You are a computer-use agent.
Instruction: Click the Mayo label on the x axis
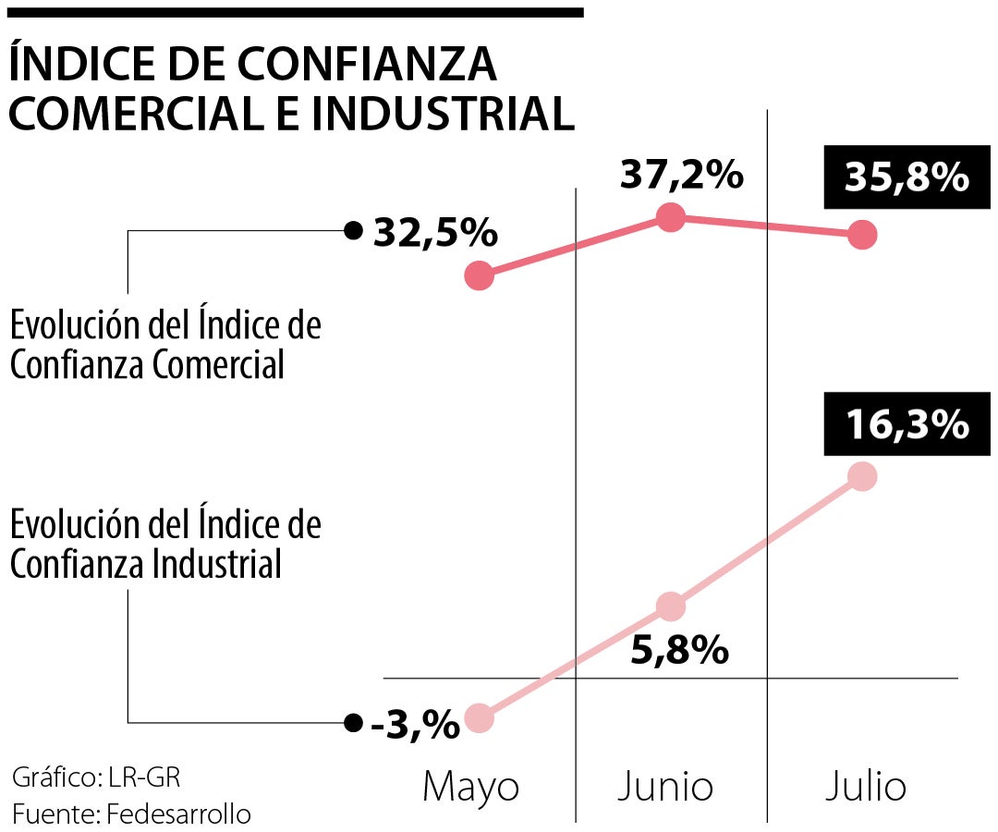[x=470, y=787]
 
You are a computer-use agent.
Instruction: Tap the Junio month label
[x=665, y=787]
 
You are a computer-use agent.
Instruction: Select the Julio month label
[x=865, y=787]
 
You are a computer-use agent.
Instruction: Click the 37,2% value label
[x=682, y=174]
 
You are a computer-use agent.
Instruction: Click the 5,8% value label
[x=680, y=652]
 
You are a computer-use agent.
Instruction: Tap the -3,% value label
[x=415, y=724]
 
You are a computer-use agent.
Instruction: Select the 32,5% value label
[x=435, y=233]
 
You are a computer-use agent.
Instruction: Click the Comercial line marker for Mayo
[x=479, y=275]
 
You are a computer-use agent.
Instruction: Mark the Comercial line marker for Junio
[x=670, y=217]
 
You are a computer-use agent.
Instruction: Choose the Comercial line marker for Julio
[x=861, y=235]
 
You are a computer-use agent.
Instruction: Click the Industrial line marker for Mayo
[x=479, y=718]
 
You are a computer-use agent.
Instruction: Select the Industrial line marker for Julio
[x=861, y=477]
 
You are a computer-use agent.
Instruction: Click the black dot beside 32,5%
[x=351, y=231]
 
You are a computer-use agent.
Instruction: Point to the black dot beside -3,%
[x=351, y=723]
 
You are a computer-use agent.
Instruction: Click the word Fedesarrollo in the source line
[x=178, y=814]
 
